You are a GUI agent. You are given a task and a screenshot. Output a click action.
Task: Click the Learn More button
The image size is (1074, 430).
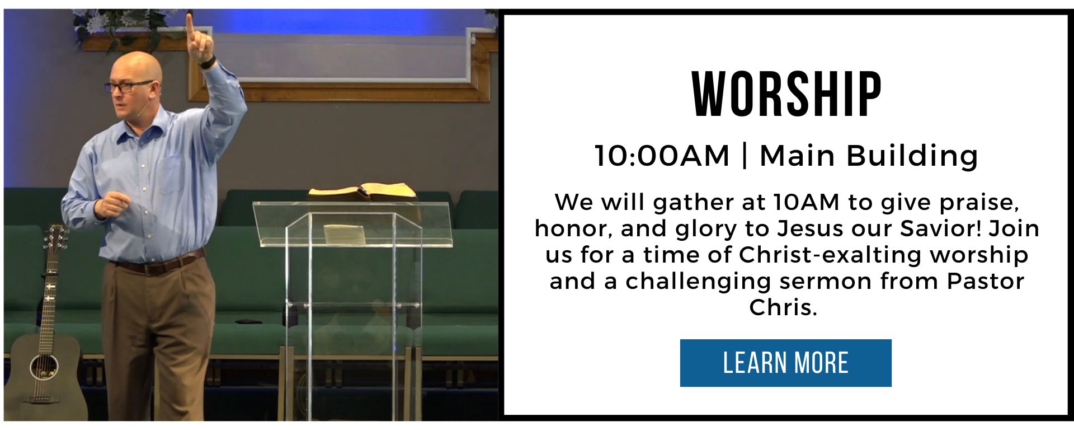coord(785,363)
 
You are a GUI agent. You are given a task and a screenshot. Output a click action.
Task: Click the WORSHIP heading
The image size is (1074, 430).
coord(786,95)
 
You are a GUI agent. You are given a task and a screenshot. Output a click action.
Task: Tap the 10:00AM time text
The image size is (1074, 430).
coord(662,156)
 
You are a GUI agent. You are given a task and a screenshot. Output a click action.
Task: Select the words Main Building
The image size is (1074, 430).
coord(869,156)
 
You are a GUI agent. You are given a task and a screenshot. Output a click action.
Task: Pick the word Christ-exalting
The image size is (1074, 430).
coord(830,255)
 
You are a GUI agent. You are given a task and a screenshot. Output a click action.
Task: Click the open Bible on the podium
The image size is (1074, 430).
coord(362,192)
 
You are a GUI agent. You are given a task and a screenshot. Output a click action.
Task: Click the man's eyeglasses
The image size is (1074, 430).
coord(127,86)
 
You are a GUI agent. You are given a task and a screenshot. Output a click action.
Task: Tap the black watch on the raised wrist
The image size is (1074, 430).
coord(208,62)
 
